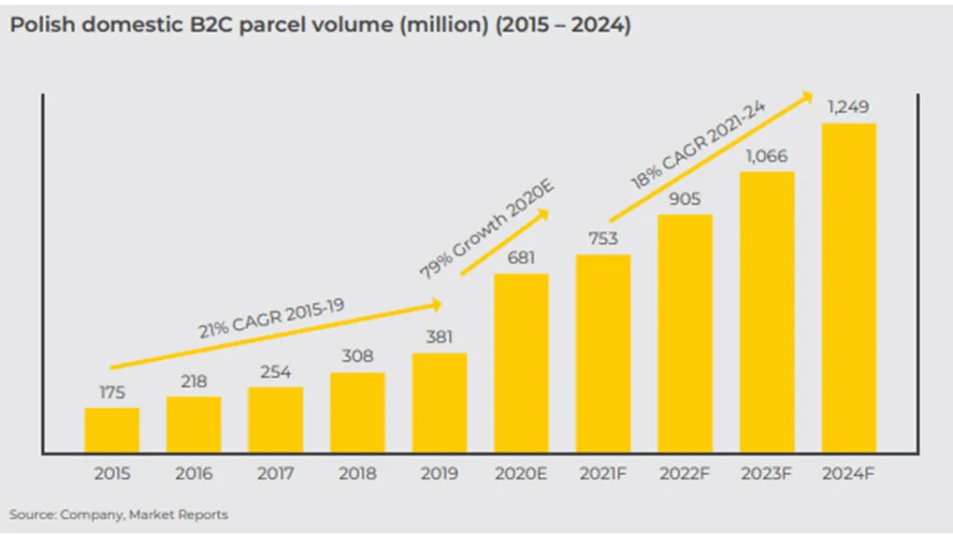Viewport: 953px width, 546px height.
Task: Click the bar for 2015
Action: tap(112, 430)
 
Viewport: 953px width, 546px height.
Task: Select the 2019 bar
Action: tap(440, 403)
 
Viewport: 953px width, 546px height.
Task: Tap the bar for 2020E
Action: tap(522, 363)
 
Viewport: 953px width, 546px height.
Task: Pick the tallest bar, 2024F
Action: tap(849, 288)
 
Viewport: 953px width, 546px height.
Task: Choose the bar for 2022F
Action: tap(685, 334)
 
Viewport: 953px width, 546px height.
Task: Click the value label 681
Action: tap(522, 258)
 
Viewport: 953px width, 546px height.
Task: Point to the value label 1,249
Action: tap(848, 108)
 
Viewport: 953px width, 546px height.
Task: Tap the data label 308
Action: tap(357, 356)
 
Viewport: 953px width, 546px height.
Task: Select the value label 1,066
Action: tap(767, 157)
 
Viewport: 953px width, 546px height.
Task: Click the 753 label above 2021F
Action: tap(603, 238)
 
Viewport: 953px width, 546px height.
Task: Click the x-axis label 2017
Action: tap(275, 474)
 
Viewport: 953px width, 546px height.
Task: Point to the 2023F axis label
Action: tap(766, 474)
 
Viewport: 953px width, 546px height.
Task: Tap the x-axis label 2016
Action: tap(194, 474)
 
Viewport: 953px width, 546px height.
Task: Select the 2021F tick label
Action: tap(602, 474)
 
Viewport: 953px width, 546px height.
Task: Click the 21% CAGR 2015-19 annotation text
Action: tap(271, 318)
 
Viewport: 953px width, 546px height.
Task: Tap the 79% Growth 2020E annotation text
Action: tap(487, 230)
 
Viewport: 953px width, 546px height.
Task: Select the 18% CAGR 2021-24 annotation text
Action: tap(698, 145)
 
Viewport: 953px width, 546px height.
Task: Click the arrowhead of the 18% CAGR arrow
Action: tap(807, 96)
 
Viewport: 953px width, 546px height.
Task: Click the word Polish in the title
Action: tap(42, 25)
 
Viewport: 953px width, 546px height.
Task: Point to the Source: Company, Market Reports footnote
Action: tap(119, 514)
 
